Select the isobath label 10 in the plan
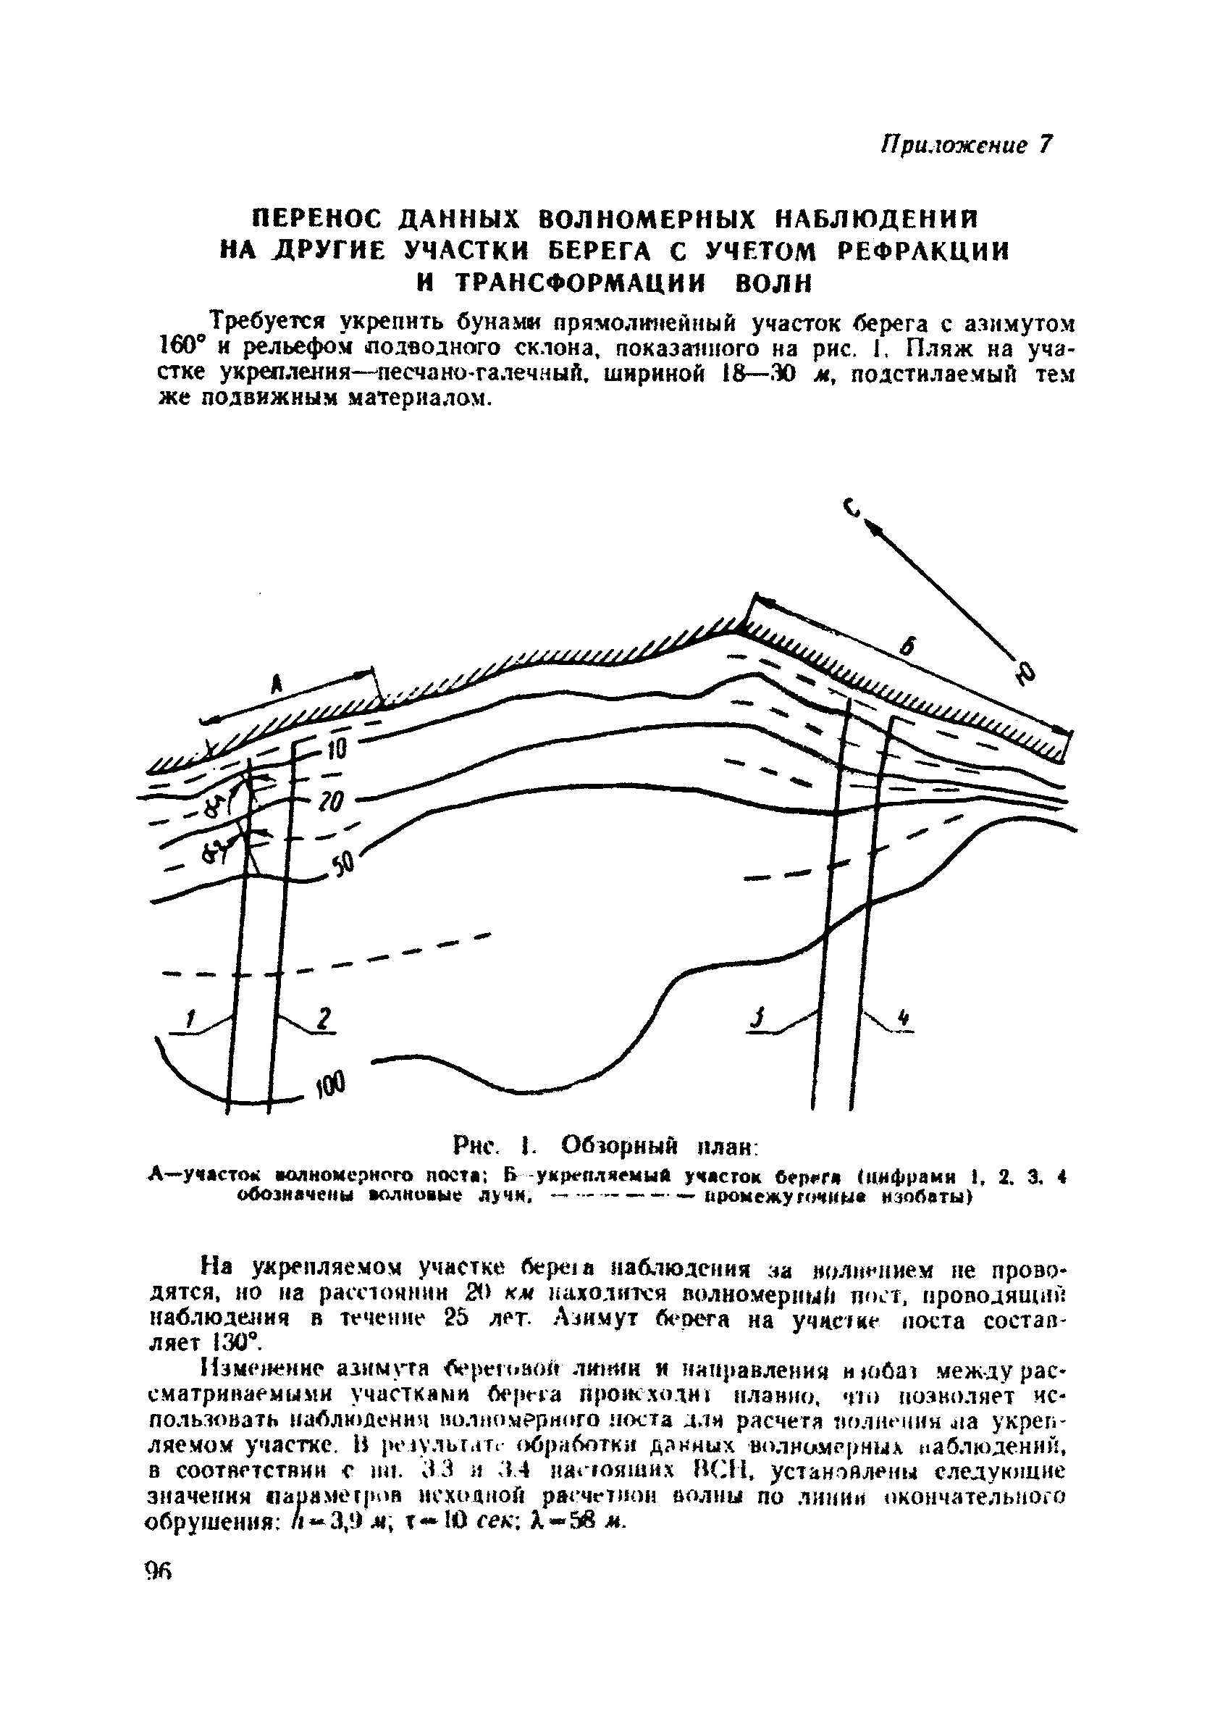tap(337, 749)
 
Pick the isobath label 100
tap(329, 1082)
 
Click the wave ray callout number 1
tap(190, 1018)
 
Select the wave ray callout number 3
tap(759, 1018)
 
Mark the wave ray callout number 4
tap(904, 1018)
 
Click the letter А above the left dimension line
tap(276, 682)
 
